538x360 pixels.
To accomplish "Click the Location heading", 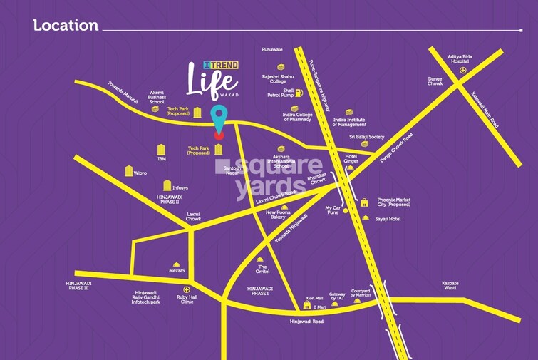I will point(66,26).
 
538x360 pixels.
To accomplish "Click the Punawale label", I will point(273,50).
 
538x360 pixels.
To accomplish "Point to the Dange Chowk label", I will point(435,81).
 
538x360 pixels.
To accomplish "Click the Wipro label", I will point(140,173).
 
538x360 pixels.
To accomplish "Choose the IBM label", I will point(162,159).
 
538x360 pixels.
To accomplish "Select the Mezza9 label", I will point(177,271).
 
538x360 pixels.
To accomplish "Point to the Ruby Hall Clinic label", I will point(187,299).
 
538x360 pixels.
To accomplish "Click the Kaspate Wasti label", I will point(450,285).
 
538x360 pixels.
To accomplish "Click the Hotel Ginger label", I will point(350,159).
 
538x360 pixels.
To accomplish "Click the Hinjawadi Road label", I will point(306,322).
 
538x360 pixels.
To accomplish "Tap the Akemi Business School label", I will point(157,96).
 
